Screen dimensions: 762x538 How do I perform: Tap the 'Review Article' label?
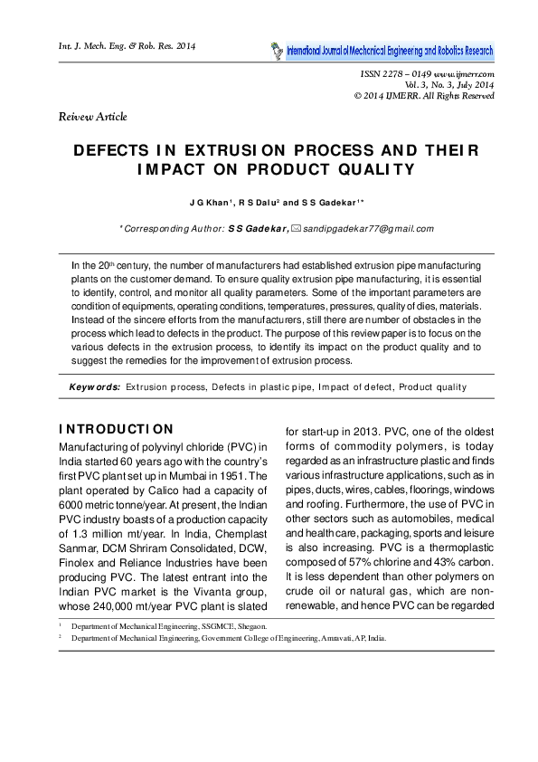[92, 117]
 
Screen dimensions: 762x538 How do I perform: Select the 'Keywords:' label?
[95, 386]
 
